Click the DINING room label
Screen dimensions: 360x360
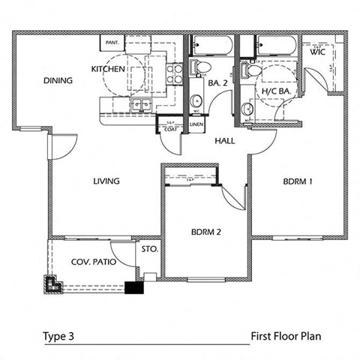pyautogui.click(x=57, y=80)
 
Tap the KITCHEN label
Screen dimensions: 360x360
pyautogui.click(x=107, y=68)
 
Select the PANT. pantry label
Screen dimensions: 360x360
pyautogui.click(x=114, y=43)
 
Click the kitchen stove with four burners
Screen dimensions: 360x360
pyautogui.click(x=173, y=73)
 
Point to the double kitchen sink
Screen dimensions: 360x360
pyautogui.click(x=140, y=106)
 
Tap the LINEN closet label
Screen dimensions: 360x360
pyautogui.click(x=196, y=124)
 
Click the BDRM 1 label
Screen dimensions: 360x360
pyautogui.click(x=298, y=181)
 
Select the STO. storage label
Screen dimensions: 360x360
pyautogui.click(x=148, y=247)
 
